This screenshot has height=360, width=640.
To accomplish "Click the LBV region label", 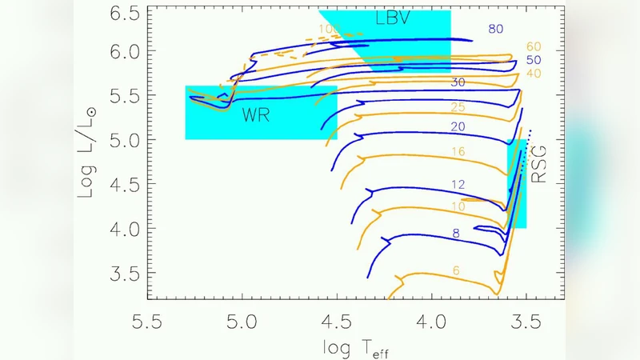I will [393, 18].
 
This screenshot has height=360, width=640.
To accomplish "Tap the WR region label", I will [257, 115].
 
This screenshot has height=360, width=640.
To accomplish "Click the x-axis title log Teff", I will [357, 347].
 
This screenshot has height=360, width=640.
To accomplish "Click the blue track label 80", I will [496, 29].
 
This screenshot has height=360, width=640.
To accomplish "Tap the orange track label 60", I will [534, 47].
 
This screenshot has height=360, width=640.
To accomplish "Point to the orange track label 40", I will [534, 74].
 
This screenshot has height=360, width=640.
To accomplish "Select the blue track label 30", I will [457, 82].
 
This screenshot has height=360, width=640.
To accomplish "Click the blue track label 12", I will [457, 185].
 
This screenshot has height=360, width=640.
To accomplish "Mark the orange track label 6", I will [456, 270].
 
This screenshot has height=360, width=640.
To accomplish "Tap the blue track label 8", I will [456, 233].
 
